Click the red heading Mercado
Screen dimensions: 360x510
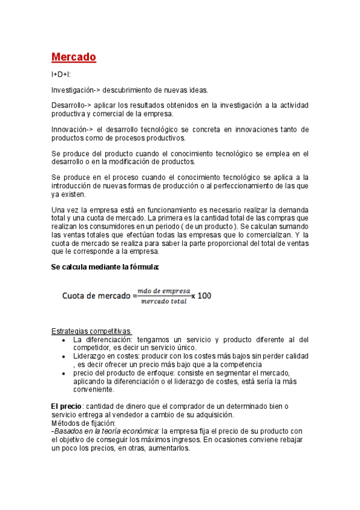(x=73, y=57)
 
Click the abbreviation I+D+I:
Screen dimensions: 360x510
(x=61, y=75)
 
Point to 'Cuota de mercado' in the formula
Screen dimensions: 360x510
(x=99, y=296)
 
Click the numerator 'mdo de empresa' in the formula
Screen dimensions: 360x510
(x=163, y=291)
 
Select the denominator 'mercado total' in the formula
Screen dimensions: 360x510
(x=163, y=301)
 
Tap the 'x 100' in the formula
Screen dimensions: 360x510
(x=201, y=296)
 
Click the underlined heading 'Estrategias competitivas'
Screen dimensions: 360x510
(x=91, y=331)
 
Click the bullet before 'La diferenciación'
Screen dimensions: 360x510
(x=64, y=340)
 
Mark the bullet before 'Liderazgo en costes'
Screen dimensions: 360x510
(x=64, y=357)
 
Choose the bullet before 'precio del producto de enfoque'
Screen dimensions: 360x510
(x=64, y=373)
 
